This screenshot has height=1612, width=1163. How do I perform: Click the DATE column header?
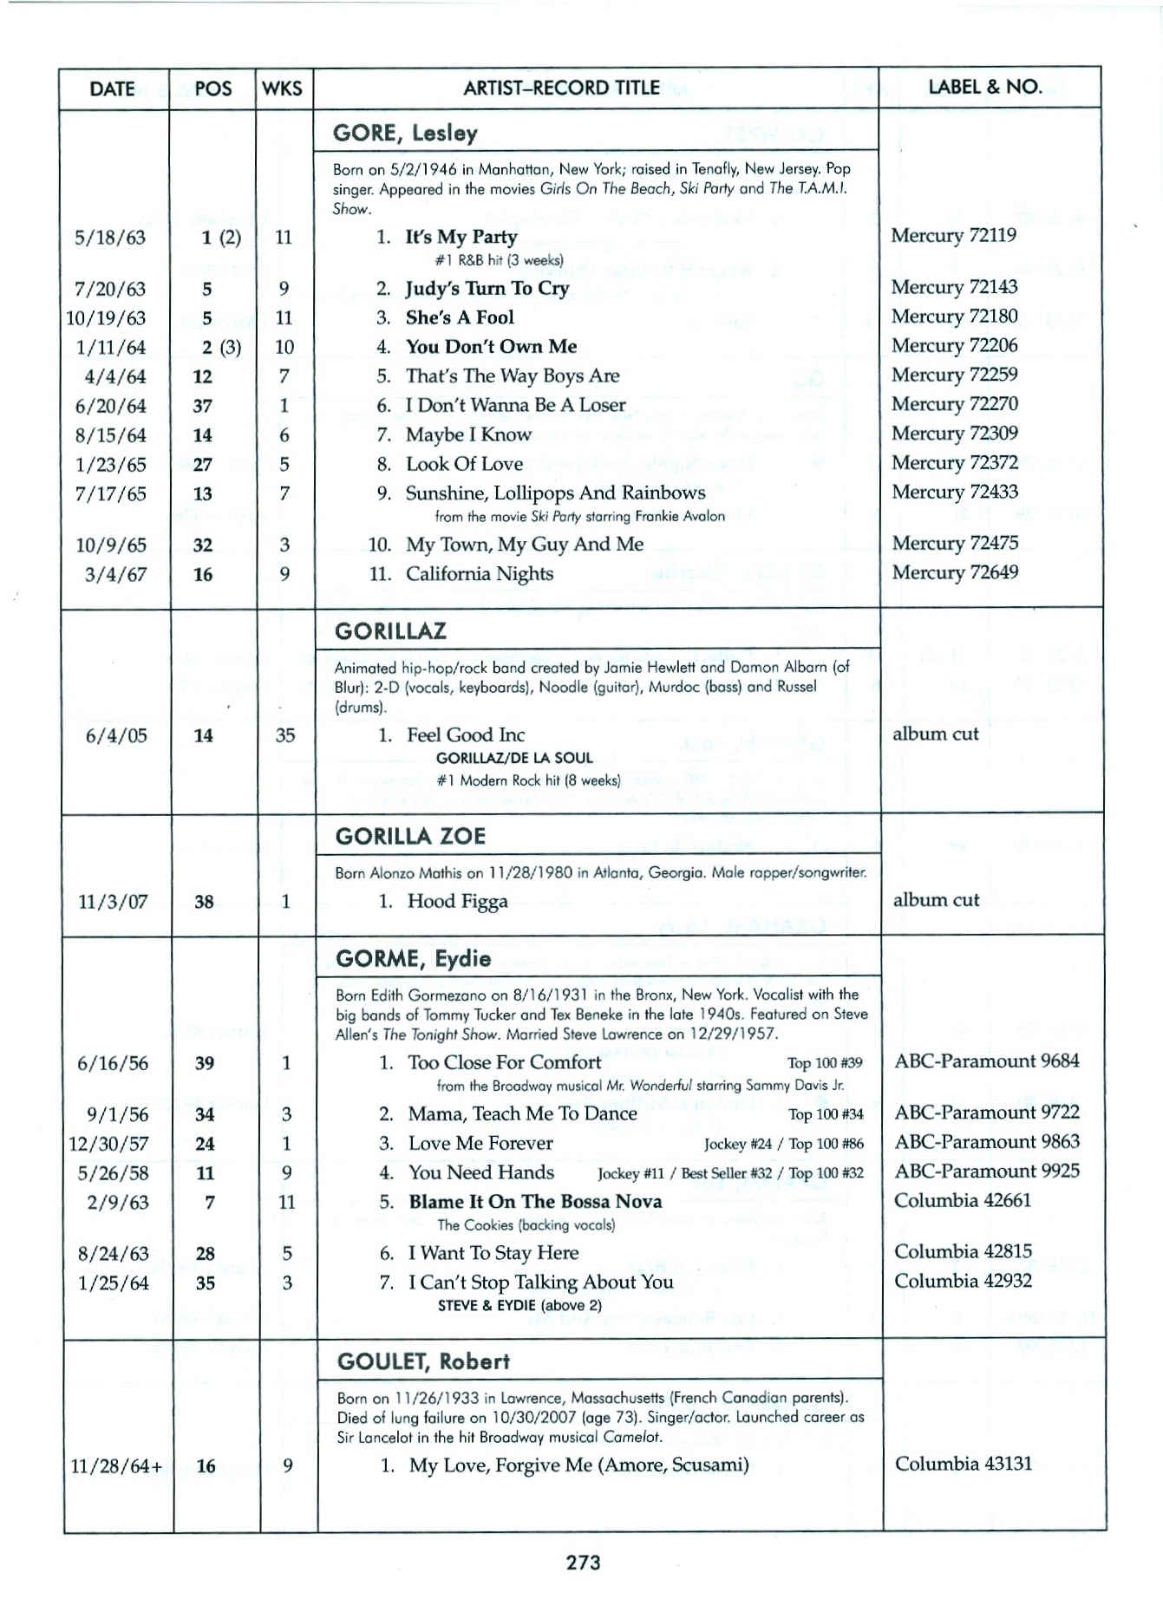pos(112,88)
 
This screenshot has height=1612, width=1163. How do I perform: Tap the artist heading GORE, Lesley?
pos(405,134)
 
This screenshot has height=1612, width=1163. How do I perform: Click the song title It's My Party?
pos(461,237)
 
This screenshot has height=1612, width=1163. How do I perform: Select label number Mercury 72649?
pos(954,572)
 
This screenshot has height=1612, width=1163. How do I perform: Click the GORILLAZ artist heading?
pos(390,631)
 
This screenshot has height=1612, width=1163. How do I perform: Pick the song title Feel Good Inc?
pos(466,735)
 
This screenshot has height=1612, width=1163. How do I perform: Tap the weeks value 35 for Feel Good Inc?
pos(284,735)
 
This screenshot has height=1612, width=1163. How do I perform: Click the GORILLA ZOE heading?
pos(410,837)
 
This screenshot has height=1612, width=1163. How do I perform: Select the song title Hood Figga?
pos(457,902)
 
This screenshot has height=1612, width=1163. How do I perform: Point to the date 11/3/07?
pos(113,902)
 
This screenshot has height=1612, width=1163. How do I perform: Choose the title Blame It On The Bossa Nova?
pos(535,1202)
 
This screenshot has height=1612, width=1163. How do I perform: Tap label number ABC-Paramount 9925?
pos(986,1171)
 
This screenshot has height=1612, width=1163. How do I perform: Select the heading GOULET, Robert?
pos(423,1361)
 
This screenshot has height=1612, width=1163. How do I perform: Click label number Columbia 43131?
pos(963,1465)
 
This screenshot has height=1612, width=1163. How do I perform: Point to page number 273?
pos(583,1563)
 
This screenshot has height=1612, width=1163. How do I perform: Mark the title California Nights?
pos(479,574)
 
